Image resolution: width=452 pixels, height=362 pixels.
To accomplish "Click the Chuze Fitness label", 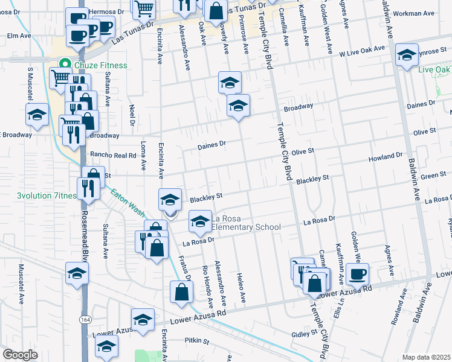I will pos(101,65).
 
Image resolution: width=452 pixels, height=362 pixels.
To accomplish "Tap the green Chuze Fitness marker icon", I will pos(62,65).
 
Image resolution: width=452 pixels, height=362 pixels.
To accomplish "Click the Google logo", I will pos(19,355).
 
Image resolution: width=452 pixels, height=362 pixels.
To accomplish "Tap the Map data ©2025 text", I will pos(426,357).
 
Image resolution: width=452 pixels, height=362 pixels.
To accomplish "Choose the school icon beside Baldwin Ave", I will pos(407,55).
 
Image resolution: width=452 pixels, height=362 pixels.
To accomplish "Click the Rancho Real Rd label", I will pos(114,155).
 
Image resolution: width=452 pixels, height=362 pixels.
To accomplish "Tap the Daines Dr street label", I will pos(211,145).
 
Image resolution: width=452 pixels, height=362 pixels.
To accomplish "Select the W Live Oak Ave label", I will pos(362,52).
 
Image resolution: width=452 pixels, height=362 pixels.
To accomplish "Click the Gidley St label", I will pos(304,334).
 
